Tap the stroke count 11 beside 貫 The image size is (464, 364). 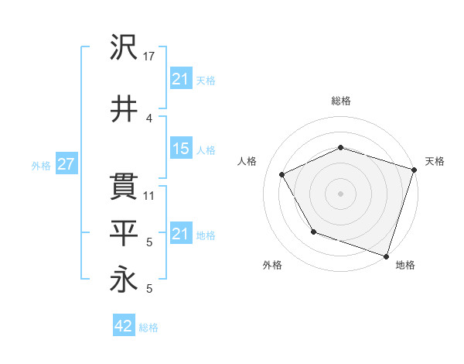pyautogui.click(x=150, y=196)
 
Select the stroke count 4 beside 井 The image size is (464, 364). pyautogui.click(x=150, y=118)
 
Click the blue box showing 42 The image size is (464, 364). pyautogui.click(x=124, y=326)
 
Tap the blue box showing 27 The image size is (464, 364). pyautogui.click(x=67, y=164)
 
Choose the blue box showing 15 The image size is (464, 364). pyautogui.click(x=181, y=149)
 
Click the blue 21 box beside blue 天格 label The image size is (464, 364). pyautogui.click(x=181, y=79)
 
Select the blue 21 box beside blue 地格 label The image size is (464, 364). pyautogui.click(x=181, y=234)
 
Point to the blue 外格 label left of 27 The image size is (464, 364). pyautogui.click(x=41, y=165)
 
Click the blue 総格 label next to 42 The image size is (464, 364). pyautogui.click(x=148, y=328)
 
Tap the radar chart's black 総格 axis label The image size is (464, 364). pyautogui.click(x=340, y=101)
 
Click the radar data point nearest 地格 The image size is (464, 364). pyautogui.click(x=386, y=256)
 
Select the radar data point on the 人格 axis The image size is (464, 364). pyautogui.click(x=282, y=175)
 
